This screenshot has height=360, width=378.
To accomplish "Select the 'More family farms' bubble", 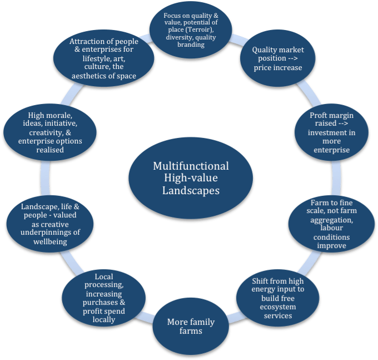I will [x=191, y=328].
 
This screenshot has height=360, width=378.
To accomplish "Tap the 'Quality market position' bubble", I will [x=277, y=58].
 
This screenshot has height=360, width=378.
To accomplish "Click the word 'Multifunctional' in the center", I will [x=191, y=166].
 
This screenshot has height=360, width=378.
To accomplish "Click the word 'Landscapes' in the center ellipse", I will [x=191, y=190].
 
